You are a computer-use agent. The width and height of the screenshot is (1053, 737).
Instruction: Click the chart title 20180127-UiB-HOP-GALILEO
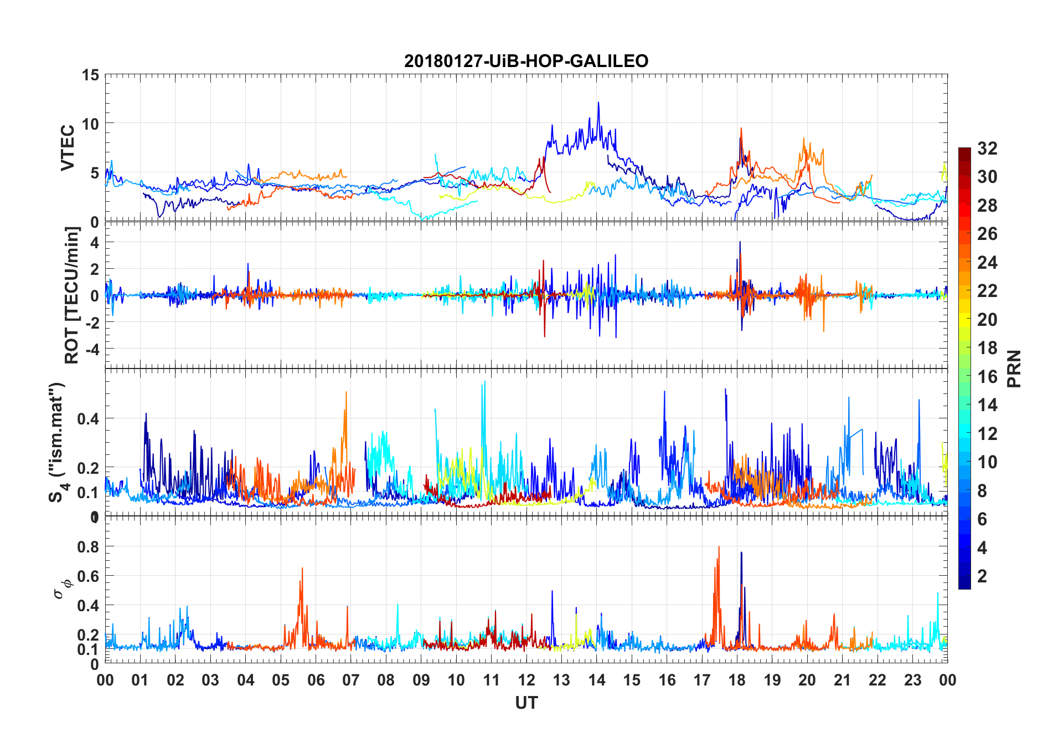[526, 60]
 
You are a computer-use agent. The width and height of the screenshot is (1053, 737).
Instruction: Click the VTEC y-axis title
[68, 148]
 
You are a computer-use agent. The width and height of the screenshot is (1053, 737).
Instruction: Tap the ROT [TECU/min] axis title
[72, 295]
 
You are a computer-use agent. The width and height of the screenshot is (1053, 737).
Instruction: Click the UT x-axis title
[526, 703]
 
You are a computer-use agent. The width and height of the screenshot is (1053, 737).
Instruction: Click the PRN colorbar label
[1014, 368]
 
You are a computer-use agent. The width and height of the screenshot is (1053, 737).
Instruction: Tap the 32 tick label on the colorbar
[987, 148]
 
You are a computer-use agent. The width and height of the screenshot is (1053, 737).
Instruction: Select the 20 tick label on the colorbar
[987, 319]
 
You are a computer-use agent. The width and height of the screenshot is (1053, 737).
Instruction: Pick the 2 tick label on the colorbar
[982, 576]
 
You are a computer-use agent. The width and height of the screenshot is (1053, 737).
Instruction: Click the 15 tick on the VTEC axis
[90, 75]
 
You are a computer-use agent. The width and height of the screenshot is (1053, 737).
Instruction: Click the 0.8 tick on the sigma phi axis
[89, 546]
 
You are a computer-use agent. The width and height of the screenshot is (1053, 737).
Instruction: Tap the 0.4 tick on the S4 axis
[89, 418]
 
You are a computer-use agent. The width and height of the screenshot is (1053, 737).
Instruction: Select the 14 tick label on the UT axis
[596, 680]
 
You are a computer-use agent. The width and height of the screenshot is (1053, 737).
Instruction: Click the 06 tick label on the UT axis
[316, 680]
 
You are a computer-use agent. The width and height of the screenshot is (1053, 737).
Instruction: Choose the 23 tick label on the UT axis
[912, 680]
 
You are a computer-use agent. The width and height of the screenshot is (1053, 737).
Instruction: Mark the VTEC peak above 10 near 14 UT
[598, 103]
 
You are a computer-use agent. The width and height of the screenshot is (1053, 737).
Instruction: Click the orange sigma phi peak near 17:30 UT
[719, 547]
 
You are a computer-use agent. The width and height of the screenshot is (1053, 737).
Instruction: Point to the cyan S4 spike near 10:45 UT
[485, 382]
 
